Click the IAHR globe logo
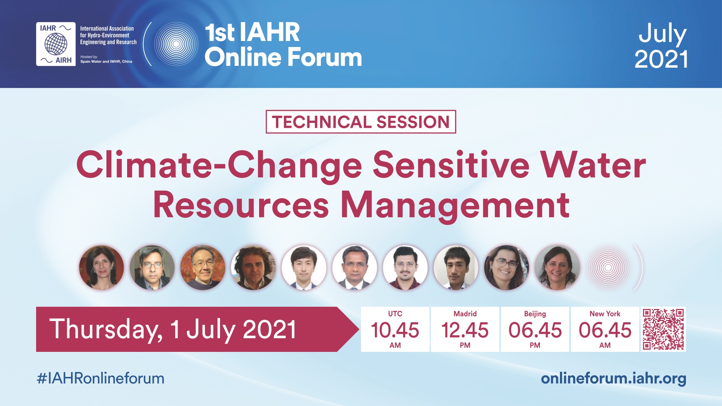[56, 44]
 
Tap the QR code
[663, 329]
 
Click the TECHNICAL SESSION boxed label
[361, 122]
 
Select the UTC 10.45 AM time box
[395, 329]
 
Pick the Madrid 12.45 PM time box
[465, 329]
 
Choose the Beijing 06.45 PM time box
[535, 329]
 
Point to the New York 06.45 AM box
[605, 329]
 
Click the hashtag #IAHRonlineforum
[100, 379]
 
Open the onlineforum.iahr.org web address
[613, 379]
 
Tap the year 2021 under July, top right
[661, 59]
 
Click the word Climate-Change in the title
[219, 166]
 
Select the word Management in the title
[455, 206]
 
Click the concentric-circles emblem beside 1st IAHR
[176, 44]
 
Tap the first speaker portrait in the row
[102, 268]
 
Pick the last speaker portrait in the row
[557, 268]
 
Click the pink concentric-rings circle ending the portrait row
[608, 268]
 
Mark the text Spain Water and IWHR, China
[106, 61]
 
